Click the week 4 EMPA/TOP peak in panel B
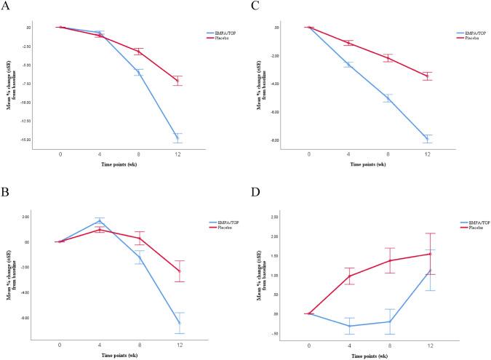[x=99, y=220]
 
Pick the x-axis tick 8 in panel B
[x=138, y=344]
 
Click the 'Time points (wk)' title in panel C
[x=368, y=165]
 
